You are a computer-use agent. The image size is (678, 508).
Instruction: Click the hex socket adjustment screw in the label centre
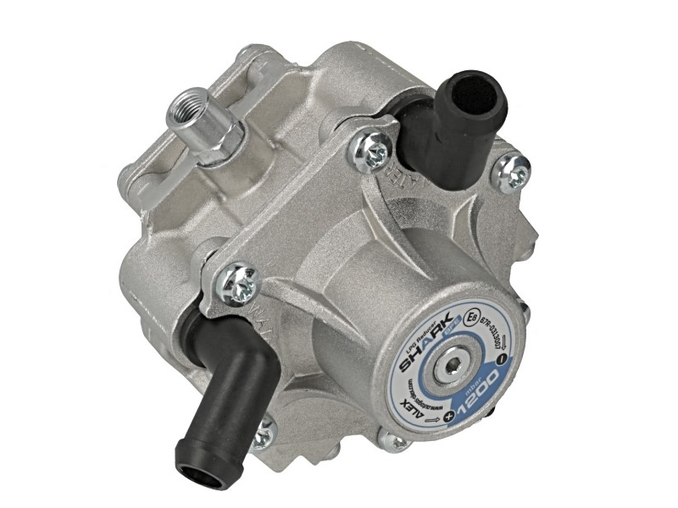click(x=453, y=365)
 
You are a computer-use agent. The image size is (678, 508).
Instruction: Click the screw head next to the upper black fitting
click(x=374, y=151)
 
